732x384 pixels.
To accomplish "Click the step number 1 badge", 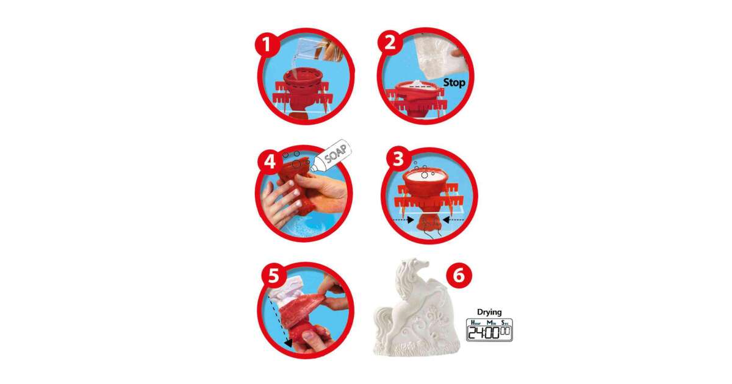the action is pyautogui.click(x=267, y=44).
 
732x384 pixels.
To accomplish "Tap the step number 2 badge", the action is pyautogui.click(x=390, y=43).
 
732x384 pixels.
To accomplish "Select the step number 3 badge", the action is pyautogui.click(x=398, y=160).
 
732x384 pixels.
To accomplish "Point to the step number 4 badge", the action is pyautogui.click(x=270, y=162).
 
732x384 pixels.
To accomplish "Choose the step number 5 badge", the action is pyautogui.click(x=274, y=276).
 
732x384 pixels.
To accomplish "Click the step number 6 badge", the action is pyautogui.click(x=459, y=276).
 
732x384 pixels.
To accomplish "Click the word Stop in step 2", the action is pyautogui.click(x=454, y=83).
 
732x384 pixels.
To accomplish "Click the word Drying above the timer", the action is pyautogui.click(x=489, y=312).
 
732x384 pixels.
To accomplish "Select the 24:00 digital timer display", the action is pyautogui.click(x=489, y=330).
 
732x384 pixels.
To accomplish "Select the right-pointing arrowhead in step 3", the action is pyautogui.click(x=411, y=221).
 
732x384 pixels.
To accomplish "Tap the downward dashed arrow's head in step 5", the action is pyautogui.click(x=288, y=343).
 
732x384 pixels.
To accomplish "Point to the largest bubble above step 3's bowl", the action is pyautogui.click(x=424, y=175).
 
